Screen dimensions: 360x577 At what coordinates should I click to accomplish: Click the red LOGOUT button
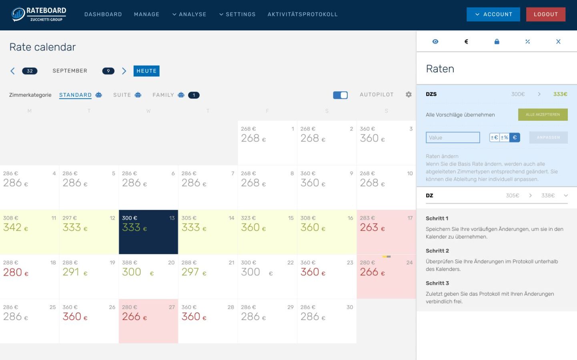[545, 14]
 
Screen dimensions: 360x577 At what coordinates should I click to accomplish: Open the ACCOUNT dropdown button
[493, 14]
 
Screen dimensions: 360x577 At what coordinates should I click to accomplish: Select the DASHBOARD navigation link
[103, 14]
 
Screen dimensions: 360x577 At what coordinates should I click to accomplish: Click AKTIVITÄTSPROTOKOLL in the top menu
[303, 14]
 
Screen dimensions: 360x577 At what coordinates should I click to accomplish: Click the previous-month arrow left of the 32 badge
[12, 71]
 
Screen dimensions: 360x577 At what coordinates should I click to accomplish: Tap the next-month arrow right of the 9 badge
[124, 71]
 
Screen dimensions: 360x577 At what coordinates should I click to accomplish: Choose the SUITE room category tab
[122, 95]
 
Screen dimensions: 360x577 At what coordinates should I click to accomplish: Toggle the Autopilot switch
[340, 95]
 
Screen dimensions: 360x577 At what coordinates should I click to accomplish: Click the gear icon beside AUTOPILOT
[409, 95]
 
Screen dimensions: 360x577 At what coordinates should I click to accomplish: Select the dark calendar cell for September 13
[148, 232]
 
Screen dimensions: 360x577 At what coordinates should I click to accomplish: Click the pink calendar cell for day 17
[386, 232]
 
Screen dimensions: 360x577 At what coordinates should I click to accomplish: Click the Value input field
[453, 138]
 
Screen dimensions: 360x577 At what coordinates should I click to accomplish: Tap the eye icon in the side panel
[435, 42]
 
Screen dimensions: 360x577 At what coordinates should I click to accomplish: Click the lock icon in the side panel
[497, 42]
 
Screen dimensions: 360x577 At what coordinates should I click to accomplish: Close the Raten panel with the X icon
[558, 42]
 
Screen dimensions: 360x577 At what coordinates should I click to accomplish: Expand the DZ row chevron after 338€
[566, 196]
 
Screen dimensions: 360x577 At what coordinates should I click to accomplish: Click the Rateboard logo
[39, 14]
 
